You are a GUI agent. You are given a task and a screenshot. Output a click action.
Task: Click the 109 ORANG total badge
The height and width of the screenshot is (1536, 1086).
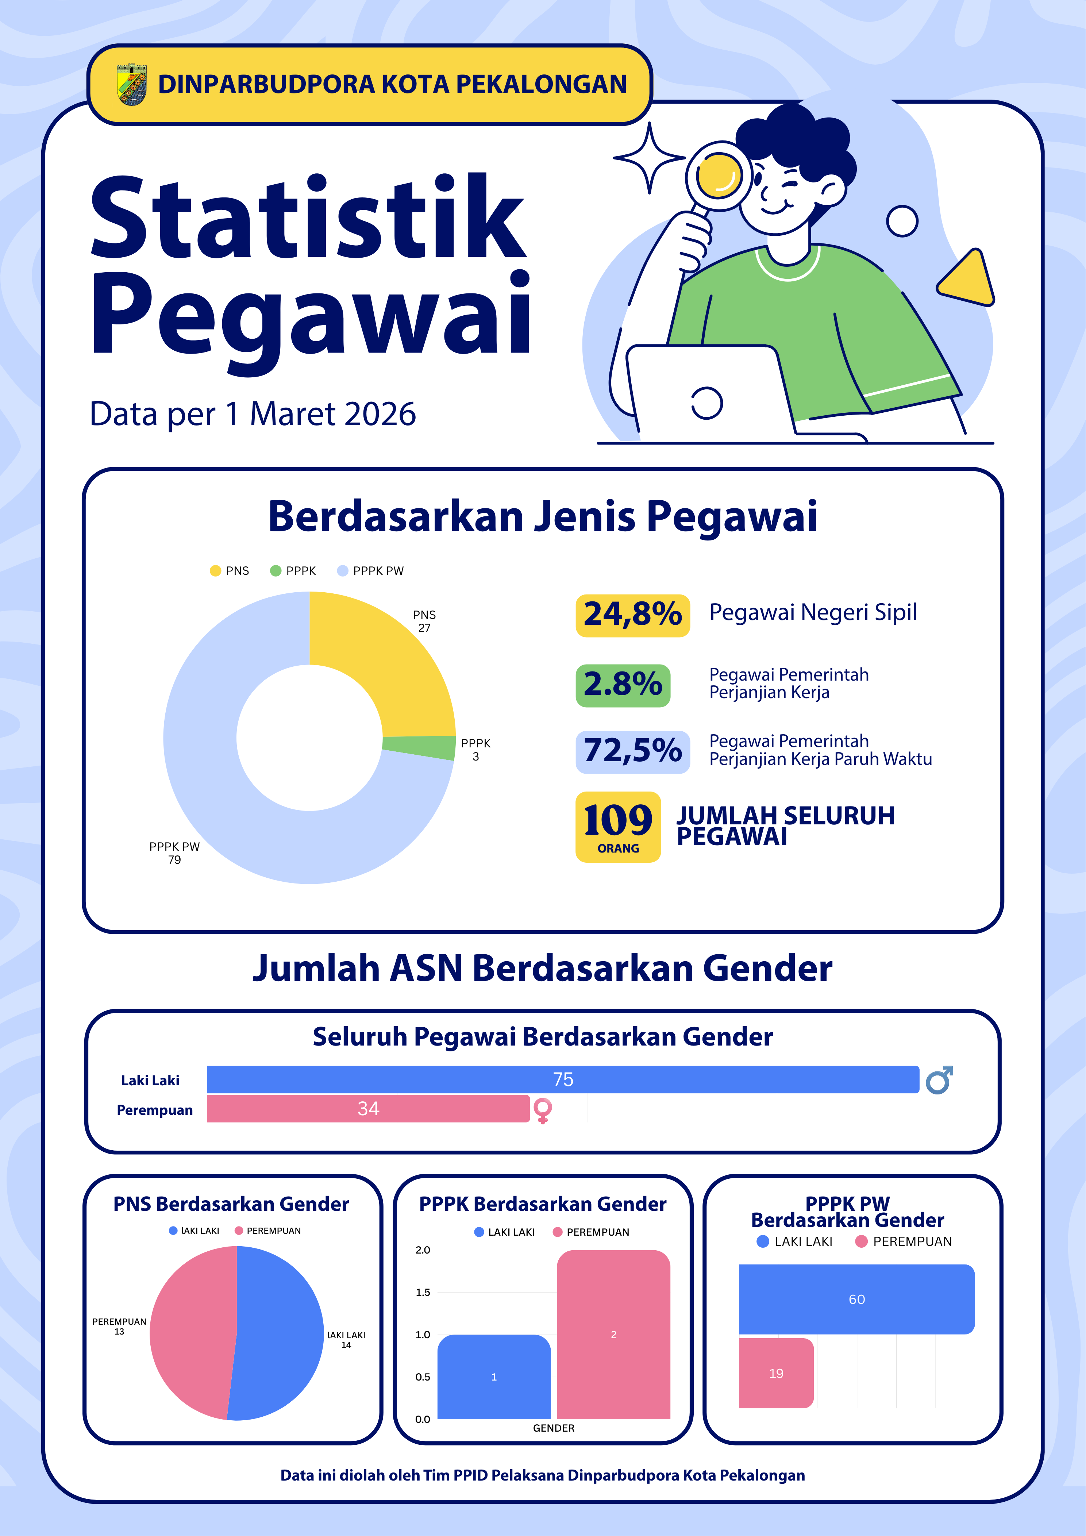coord(617,827)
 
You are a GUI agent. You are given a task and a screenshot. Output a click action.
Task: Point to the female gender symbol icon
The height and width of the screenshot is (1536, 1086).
coord(543,1110)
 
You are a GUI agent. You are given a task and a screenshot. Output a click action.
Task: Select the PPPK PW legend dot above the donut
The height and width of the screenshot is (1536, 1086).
coord(343,571)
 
